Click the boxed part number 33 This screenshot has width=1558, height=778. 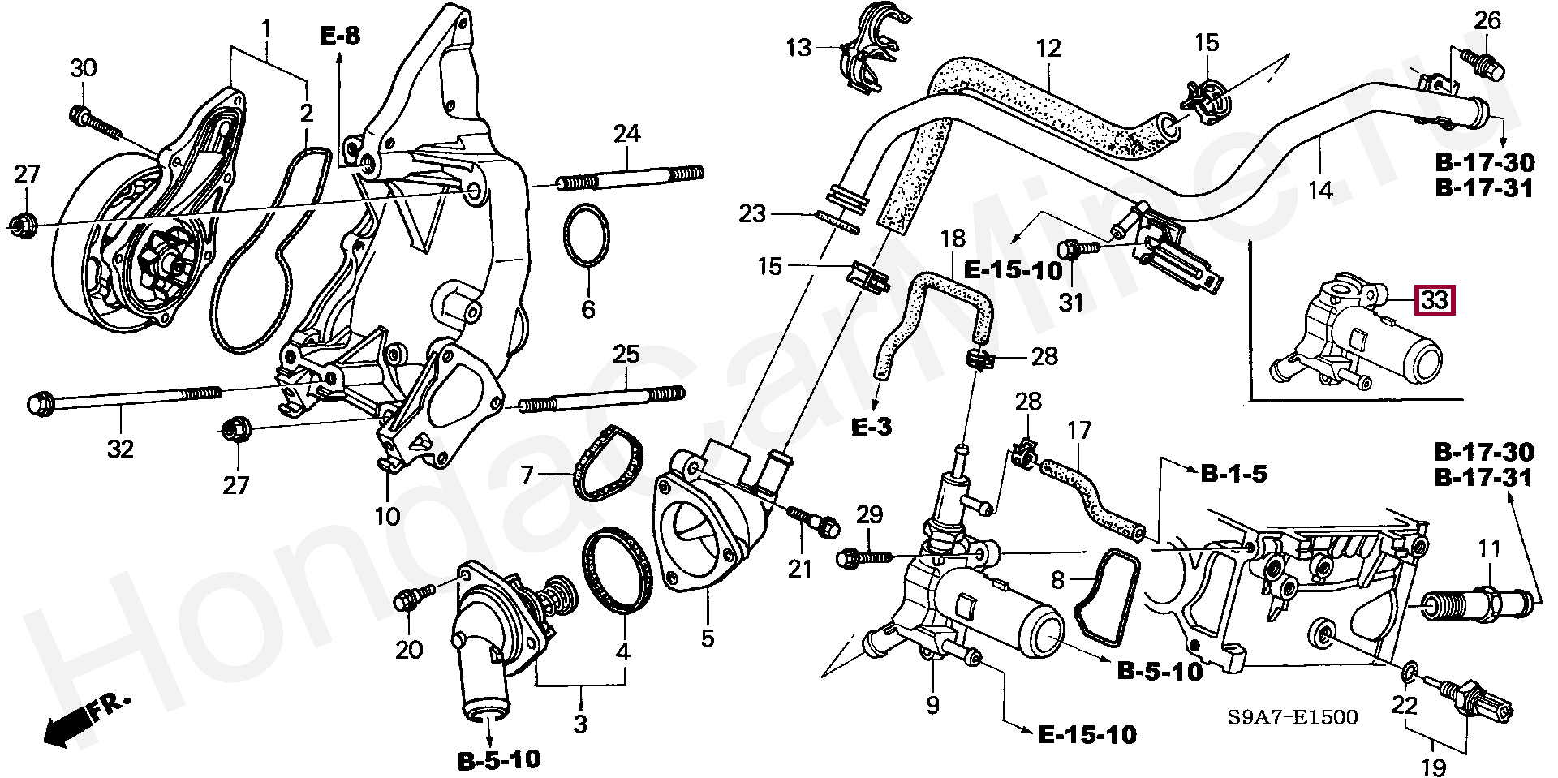pos(1435,300)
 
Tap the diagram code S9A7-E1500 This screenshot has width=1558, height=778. pos(1292,716)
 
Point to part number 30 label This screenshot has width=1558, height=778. pos(83,68)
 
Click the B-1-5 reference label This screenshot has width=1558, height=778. pos(1234,474)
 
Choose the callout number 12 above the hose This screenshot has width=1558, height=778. pos(1049,48)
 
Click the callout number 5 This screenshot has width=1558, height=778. pos(708,638)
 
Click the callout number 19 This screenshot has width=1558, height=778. pos(1434,766)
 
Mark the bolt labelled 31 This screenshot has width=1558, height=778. pos(1079,247)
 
